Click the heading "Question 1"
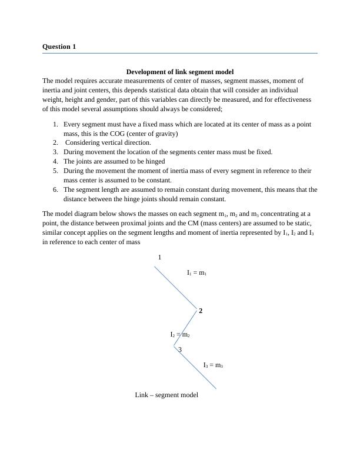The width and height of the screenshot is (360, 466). tap(59, 46)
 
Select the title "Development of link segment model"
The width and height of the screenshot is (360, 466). tap(180, 72)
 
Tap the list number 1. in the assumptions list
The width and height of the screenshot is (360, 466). tap(55, 125)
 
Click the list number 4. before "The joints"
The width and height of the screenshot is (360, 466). tap(55, 161)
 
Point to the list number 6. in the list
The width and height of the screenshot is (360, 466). tap(55, 189)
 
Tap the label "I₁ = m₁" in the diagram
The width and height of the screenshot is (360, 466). tap(196, 273)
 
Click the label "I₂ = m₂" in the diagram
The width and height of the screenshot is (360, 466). tap(180, 335)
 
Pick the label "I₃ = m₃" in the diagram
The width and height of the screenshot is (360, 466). tap(213, 365)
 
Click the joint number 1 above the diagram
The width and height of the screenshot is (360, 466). tap(159, 258)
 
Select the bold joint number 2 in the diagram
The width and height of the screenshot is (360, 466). tap(201, 311)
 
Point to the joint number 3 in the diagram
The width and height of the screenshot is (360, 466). tap(179, 350)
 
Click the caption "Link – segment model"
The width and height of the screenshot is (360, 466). tap(166, 395)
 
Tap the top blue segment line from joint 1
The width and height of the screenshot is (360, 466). tap(175, 287)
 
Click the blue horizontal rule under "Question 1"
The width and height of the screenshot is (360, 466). tap(180, 54)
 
